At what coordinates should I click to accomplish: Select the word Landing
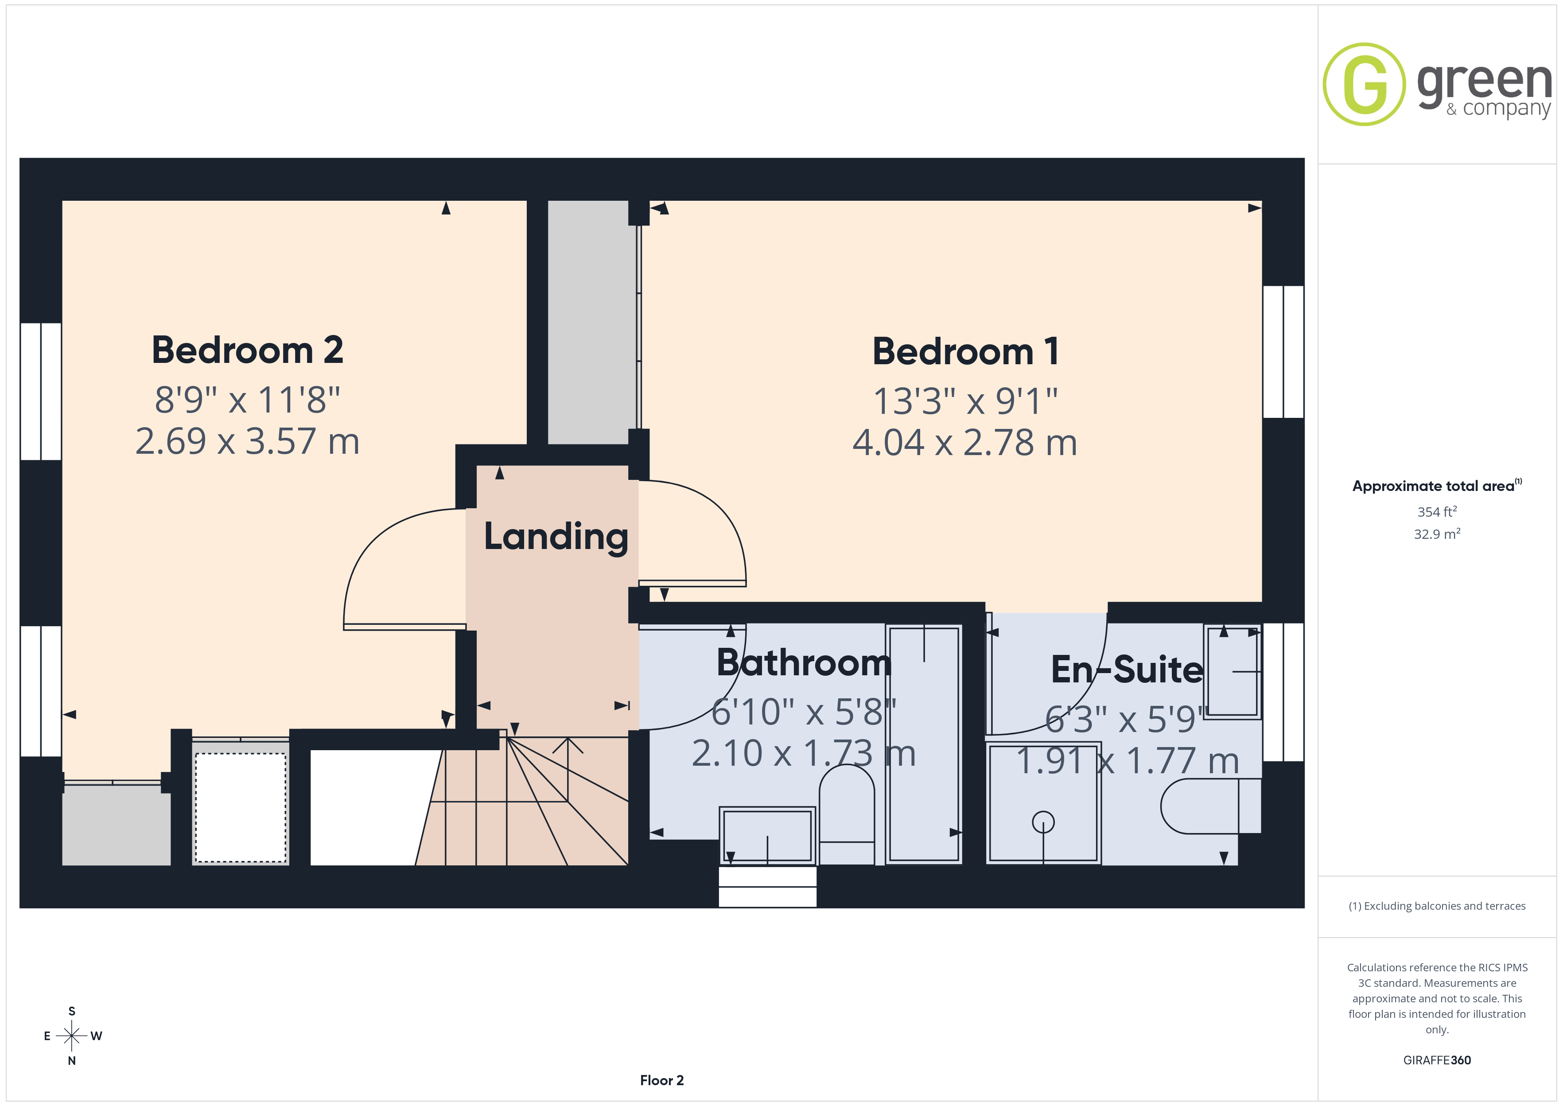556,538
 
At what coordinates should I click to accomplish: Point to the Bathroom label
804,662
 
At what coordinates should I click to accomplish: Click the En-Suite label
1127,670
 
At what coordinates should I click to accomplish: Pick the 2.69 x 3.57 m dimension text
247,441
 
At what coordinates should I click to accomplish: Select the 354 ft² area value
1437,511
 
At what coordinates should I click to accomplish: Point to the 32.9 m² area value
1437,534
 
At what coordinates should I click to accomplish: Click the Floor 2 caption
662,1080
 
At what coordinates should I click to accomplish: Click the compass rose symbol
71,1036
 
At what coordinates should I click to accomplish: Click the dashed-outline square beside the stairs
241,808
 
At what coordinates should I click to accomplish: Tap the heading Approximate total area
1437,486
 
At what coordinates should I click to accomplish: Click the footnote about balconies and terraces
1437,906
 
